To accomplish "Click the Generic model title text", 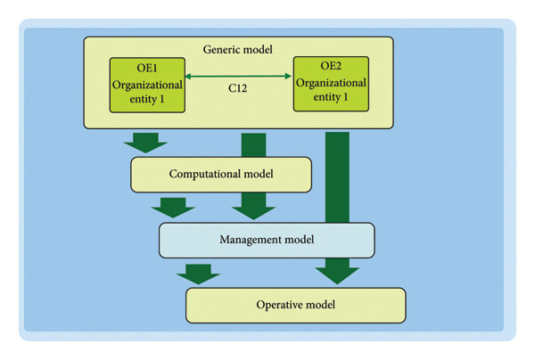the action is [x=238, y=49].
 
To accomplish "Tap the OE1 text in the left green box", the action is [x=147, y=68].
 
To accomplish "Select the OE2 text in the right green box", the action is [x=331, y=65].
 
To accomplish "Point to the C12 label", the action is [x=238, y=88].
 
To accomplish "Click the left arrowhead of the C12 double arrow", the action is [x=187, y=77].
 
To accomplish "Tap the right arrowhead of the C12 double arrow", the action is [x=288, y=76].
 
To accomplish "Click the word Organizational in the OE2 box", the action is [x=331, y=83].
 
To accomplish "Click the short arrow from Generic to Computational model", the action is [x=145, y=143].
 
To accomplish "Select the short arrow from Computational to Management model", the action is [x=173, y=208].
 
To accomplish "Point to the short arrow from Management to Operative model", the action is [x=199, y=274].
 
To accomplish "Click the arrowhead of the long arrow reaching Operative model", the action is [x=337, y=275].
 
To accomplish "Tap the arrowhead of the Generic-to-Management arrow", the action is [x=253, y=213].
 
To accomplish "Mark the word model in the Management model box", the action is [x=300, y=240].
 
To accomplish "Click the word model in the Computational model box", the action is [x=258, y=174].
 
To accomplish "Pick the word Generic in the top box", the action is [x=220, y=49].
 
